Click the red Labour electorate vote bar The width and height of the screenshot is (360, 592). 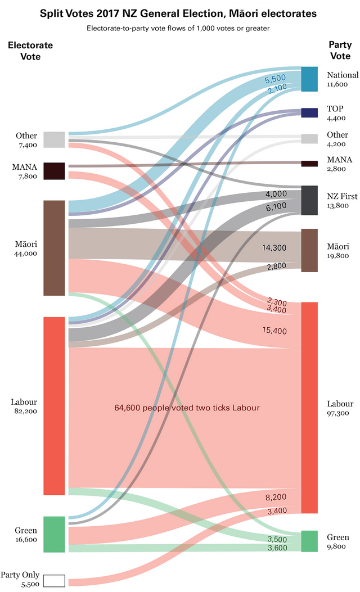tap(54, 405)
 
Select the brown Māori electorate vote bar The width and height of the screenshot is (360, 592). tap(54, 247)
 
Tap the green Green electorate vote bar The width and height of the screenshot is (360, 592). tap(54, 534)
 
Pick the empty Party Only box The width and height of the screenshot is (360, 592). tap(54, 580)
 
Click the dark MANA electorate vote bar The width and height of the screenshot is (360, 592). tap(54, 171)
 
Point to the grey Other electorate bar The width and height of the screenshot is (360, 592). tap(54, 139)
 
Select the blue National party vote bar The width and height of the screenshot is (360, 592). tap(309, 79)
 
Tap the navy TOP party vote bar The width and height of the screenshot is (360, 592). tap(309, 112)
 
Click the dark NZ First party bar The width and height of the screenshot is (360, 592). tap(309, 200)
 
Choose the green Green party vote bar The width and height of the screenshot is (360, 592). tap(309, 541)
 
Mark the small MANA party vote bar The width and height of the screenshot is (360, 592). tap(309, 164)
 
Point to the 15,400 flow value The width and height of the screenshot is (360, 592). tap(274, 331)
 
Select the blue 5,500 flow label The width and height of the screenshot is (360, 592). tap(276, 80)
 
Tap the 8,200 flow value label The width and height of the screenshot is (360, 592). tap(276, 498)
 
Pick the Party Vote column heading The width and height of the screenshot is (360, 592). tap(340, 51)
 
